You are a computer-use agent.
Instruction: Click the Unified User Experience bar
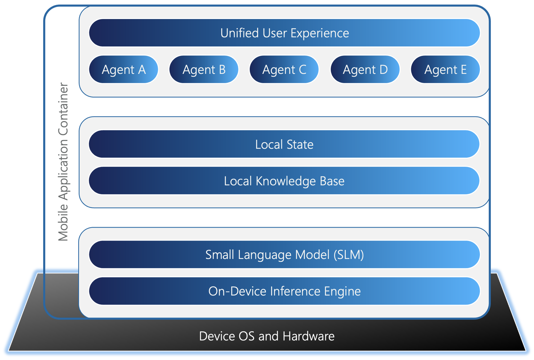(x=284, y=33)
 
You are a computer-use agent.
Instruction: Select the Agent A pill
(x=124, y=69)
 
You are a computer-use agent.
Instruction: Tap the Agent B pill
(x=204, y=69)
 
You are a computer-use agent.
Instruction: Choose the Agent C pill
(x=284, y=69)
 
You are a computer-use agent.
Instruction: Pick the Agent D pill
(x=365, y=69)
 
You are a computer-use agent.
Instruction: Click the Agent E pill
(x=445, y=69)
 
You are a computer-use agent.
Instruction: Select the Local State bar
(x=284, y=144)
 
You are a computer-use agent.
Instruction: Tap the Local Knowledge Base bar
(x=284, y=181)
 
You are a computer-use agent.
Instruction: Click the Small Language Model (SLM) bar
(x=284, y=255)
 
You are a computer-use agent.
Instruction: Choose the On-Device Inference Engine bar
(x=284, y=291)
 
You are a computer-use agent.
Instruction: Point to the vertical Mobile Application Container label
(x=63, y=162)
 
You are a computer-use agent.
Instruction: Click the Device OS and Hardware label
(x=267, y=336)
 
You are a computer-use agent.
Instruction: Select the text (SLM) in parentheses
(x=348, y=255)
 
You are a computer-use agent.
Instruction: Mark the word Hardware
(x=308, y=336)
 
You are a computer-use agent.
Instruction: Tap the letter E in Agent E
(x=463, y=69)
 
